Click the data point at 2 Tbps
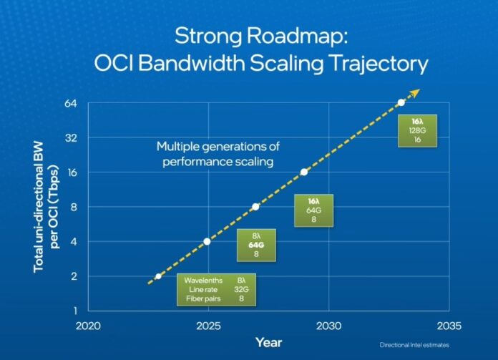tap(158, 276)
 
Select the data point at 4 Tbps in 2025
tap(207, 241)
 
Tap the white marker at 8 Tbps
tap(255, 207)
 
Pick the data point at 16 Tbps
tap(304, 172)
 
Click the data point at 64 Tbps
tap(401, 102)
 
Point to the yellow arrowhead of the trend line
tap(416, 92)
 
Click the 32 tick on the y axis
tap(71, 137)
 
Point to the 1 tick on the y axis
tap(74, 311)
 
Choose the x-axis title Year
tap(268, 342)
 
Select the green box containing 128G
tap(417, 131)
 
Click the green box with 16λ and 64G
tap(313, 211)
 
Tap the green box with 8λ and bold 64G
tap(255, 245)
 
